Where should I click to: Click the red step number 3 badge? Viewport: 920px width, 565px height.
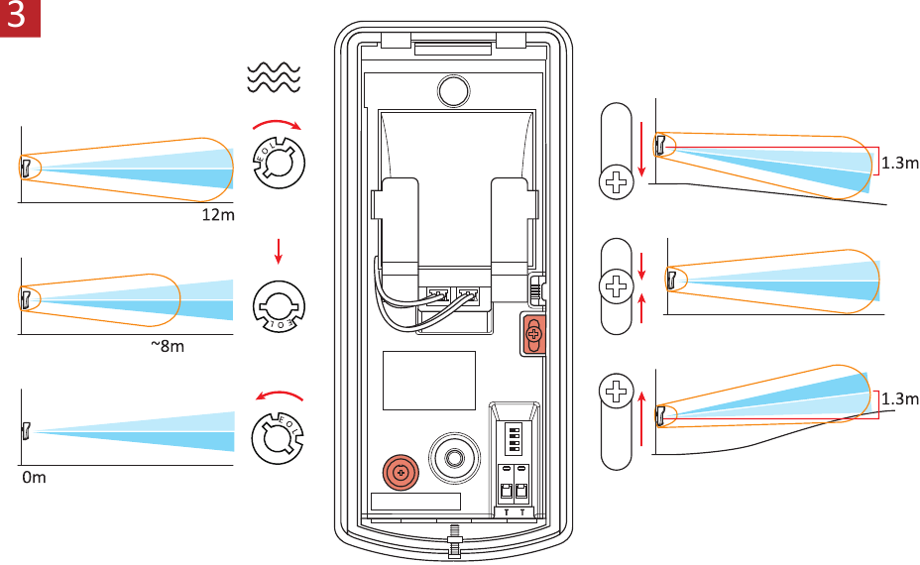(x=19, y=18)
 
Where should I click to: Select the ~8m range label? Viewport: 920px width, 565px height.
(x=168, y=346)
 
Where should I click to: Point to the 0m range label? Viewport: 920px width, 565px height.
(x=35, y=477)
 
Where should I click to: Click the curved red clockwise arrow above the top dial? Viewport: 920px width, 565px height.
(x=278, y=126)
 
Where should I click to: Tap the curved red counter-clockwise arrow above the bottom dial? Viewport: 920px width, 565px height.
(x=279, y=395)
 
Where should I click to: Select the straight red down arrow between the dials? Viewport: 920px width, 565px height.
(x=279, y=251)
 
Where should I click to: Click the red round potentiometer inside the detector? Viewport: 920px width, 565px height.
(x=401, y=474)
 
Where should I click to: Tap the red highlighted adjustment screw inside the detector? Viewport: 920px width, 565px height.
(x=533, y=333)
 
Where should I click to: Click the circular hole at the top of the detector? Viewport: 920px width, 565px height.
(x=452, y=90)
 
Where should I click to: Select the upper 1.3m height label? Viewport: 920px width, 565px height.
(x=899, y=163)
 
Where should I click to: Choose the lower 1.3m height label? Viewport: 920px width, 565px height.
(x=899, y=398)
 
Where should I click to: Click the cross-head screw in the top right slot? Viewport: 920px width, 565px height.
(x=618, y=181)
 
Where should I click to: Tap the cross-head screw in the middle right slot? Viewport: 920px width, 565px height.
(x=618, y=287)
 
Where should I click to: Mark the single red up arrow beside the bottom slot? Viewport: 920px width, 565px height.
(x=642, y=420)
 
